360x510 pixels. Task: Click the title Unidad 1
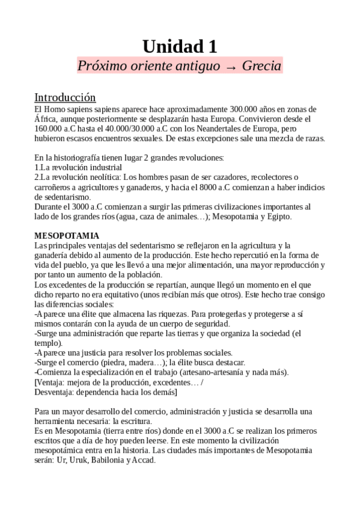tap(180, 46)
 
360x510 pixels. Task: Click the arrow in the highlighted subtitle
tap(231, 66)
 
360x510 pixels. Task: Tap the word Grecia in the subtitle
tap(261, 66)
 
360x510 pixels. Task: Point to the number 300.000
tap(248, 109)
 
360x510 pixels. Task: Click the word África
tap(46, 118)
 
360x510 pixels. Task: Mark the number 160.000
tap(50, 128)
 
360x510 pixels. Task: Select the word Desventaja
tap(58, 392)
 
